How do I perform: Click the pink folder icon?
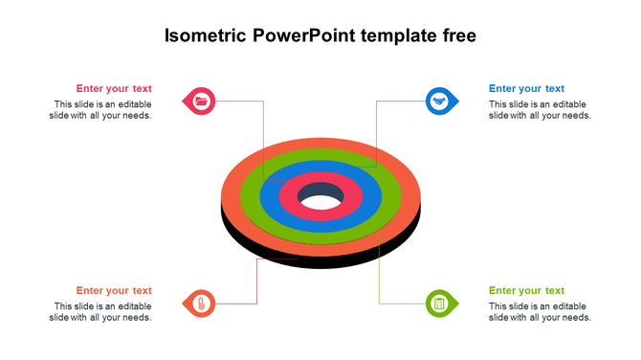[201, 101]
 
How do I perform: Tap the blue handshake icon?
[439, 101]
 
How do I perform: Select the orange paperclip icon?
[201, 304]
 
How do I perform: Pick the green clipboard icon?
[439, 304]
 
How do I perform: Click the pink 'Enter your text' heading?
[114, 89]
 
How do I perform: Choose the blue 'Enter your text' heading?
[526, 89]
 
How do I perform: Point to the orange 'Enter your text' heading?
[114, 291]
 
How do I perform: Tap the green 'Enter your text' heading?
[526, 291]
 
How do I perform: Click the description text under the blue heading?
[540, 110]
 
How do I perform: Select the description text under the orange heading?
[101, 312]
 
